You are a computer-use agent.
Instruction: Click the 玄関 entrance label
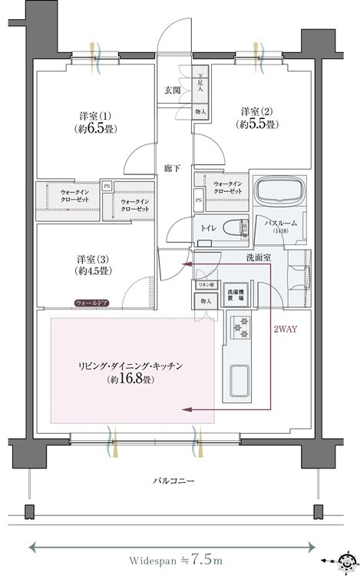point(171,91)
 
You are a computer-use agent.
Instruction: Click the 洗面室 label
point(258,258)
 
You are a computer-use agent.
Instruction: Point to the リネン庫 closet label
point(204,285)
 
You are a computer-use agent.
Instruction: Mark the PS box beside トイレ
point(199,200)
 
